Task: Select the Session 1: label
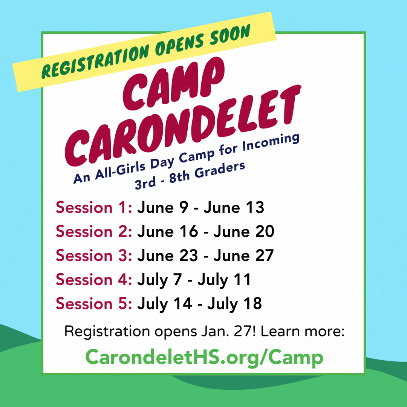coord(94,207)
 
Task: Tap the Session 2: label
coord(94,231)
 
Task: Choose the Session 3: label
coord(94,256)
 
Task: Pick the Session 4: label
coord(94,280)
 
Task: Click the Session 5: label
coord(94,303)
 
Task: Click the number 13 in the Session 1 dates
coord(255,207)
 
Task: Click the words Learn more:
coord(302,331)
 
